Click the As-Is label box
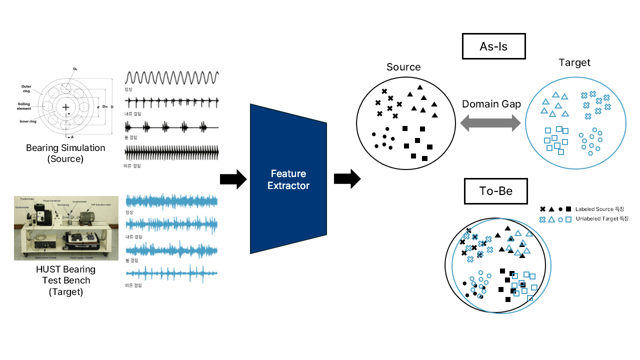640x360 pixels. click(x=493, y=46)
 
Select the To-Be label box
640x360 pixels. click(x=495, y=191)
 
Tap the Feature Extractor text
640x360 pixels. click(x=288, y=179)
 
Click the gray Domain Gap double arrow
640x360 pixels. click(x=490, y=123)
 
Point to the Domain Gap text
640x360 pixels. click(x=491, y=104)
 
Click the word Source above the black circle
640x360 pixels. click(x=403, y=67)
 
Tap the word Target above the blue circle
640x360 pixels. click(x=574, y=62)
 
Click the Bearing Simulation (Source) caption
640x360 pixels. click(x=65, y=153)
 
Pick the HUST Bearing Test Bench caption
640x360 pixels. click(x=65, y=280)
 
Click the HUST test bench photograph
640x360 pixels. click(x=66, y=228)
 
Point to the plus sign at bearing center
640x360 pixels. click(x=65, y=107)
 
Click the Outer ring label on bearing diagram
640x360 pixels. click(x=26, y=88)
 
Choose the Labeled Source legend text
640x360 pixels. click(x=599, y=209)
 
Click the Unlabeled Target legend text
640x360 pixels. click(x=602, y=218)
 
